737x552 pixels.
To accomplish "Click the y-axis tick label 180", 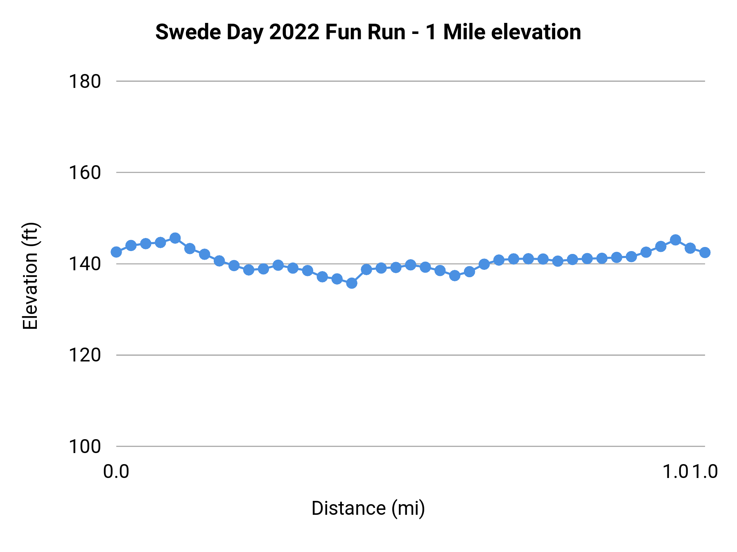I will tap(84, 82).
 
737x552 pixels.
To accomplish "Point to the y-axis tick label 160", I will tap(84, 173).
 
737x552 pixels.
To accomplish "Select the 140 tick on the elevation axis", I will tap(84, 264).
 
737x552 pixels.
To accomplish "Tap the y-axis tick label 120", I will tap(84, 355).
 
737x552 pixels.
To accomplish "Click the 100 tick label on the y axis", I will tap(84, 447).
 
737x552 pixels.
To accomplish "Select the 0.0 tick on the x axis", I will tap(116, 472).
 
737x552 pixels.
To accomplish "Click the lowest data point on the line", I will tap(352, 283).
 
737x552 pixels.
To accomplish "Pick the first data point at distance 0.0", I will tap(116, 252).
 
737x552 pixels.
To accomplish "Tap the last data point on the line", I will tap(705, 252).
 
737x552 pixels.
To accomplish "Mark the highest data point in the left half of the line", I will tap(175, 238).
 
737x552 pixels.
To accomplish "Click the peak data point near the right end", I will tap(675, 240).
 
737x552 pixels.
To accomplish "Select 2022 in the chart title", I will tap(294, 32).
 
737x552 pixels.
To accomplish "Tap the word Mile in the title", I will tap(465, 32).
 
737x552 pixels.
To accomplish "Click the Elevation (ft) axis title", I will tap(30, 276).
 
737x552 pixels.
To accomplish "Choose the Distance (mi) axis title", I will tap(368, 508).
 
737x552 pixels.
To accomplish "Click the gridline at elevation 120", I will tap(409, 355).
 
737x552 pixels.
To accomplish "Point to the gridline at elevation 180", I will tap(409, 81).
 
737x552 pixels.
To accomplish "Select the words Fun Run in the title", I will tap(365, 32).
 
